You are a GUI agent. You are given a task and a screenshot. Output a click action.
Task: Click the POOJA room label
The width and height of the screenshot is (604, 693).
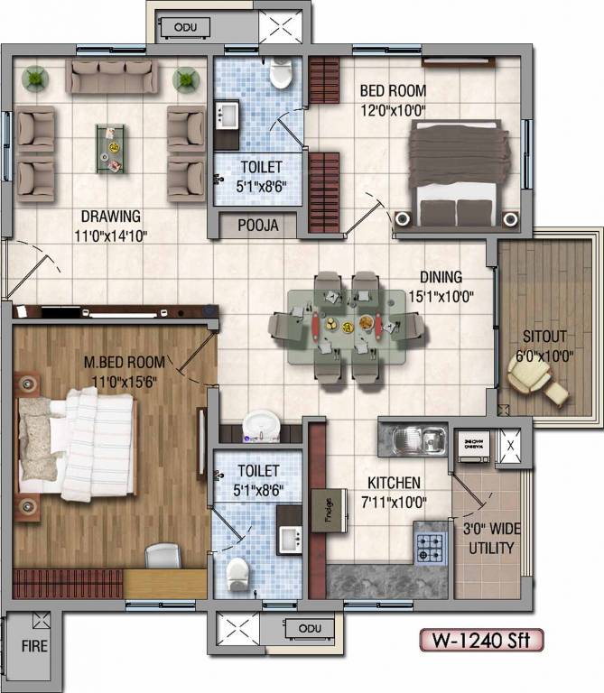[x=257, y=225]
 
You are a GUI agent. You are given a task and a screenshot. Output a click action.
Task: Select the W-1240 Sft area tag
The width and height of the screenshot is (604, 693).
[x=482, y=641]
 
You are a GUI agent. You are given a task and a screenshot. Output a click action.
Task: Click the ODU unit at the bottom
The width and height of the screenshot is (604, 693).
[x=309, y=627]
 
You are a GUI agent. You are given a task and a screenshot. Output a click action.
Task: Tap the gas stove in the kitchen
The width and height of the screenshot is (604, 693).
[x=430, y=543]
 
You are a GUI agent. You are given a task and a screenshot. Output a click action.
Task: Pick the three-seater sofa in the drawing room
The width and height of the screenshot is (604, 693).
[x=109, y=77]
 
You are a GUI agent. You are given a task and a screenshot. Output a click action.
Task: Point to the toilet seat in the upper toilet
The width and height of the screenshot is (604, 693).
[x=283, y=73]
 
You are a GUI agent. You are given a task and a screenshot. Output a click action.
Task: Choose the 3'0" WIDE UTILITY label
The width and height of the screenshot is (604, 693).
[x=490, y=539]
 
